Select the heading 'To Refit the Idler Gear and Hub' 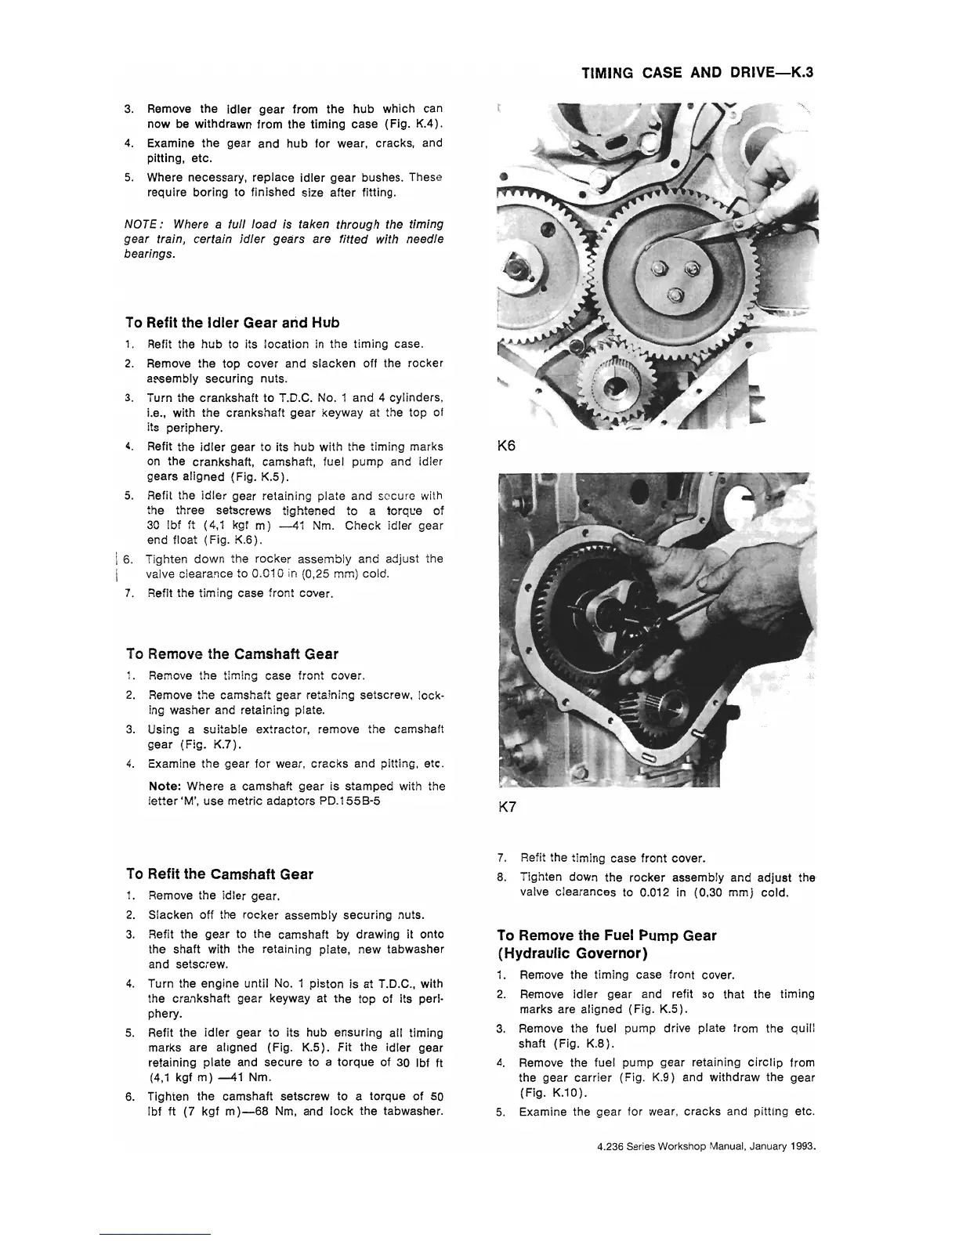pyautogui.click(x=232, y=323)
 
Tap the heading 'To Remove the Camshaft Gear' pyautogui.click(x=232, y=653)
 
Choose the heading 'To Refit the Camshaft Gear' pyautogui.click(x=219, y=874)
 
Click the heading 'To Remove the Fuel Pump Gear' pyautogui.click(x=606, y=935)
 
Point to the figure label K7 pyautogui.click(x=507, y=807)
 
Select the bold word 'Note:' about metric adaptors pyautogui.click(x=166, y=786)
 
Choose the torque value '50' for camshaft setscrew pyautogui.click(x=437, y=1096)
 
